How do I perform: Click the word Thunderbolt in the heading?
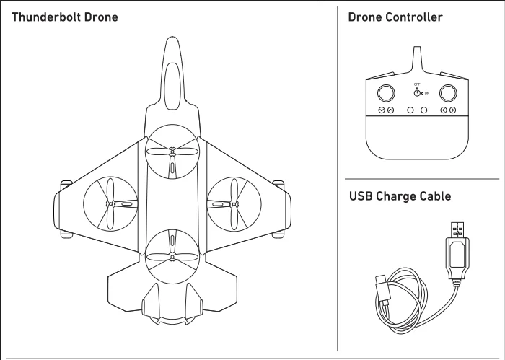[x=43, y=15]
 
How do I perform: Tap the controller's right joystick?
[x=449, y=92]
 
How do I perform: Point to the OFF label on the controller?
[x=417, y=84]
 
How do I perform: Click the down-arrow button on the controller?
[x=381, y=110]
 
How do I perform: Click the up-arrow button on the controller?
[x=390, y=110]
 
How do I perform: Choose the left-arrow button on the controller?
[x=444, y=110]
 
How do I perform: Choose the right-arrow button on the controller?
[x=453, y=110]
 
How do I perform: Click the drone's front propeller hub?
[x=172, y=152]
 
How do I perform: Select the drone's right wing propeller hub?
[x=233, y=203]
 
